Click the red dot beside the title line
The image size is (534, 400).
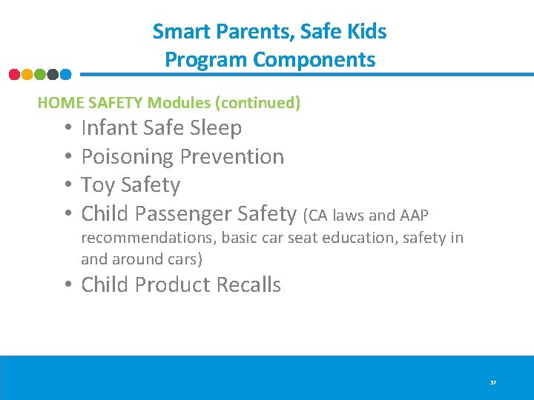click(14, 74)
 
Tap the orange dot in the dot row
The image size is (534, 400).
click(27, 74)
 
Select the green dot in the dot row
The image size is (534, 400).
click(39, 74)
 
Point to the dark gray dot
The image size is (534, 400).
click(53, 74)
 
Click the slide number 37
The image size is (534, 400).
click(492, 383)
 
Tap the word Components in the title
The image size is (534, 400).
click(314, 59)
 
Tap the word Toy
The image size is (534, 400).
click(98, 184)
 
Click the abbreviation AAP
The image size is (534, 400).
click(414, 216)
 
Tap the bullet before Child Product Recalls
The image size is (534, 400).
click(67, 284)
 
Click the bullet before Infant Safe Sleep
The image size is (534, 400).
click(67, 127)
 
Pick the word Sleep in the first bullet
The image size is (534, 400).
click(216, 127)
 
